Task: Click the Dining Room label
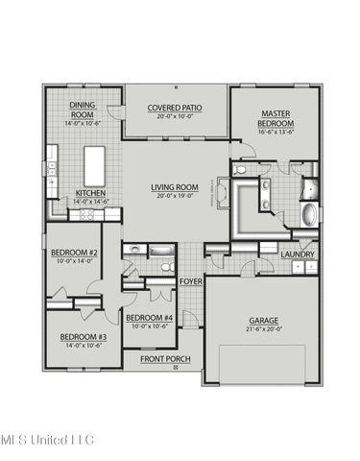pyautogui.click(x=83, y=110)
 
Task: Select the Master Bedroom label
pyautogui.click(x=275, y=118)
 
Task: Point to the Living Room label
pyautogui.click(x=174, y=188)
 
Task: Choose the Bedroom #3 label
pyautogui.click(x=83, y=337)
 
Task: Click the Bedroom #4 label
pyautogui.click(x=149, y=318)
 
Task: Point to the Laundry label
pyautogui.click(x=298, y=254)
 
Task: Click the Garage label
pyautogui.click(x=262, y=321)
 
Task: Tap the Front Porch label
pyautogui.click(x=164, y=358)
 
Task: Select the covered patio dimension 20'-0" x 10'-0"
pyautogui.click(x=174, y=117)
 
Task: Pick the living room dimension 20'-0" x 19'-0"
pyautogui.click(x=174, y=196)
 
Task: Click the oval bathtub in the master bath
pyautogui.click(x=310, y=213)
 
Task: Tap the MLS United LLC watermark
pyautogui.click(x=48, y=440)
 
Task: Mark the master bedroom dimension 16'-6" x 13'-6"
pyautogui.click(x=275, y=133)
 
